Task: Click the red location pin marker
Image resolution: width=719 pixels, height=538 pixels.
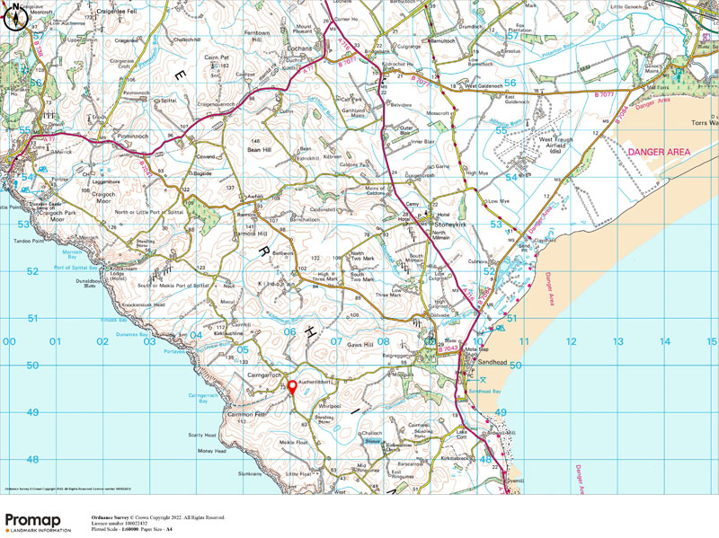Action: point(291,387)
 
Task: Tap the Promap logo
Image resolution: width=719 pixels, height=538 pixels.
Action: point(38,522)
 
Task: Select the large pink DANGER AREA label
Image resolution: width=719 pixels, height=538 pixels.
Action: point(659,153)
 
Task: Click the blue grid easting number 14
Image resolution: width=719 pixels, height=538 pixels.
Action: point(665,341)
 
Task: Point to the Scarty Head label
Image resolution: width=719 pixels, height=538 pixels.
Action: point(203,435)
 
